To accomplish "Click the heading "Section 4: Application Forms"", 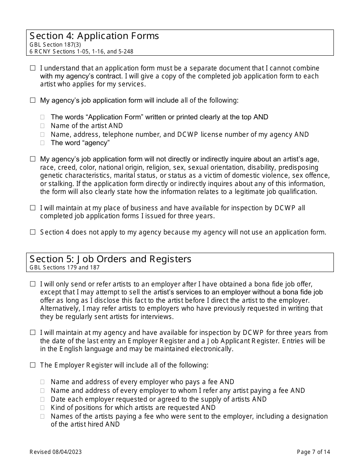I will coord(94,36).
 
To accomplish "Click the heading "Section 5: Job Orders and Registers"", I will coord(111,259).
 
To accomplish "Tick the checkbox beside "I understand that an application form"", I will coord(33,68).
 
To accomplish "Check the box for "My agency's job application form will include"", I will coord(33,100).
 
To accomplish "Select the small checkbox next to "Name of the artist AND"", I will coord(42,126).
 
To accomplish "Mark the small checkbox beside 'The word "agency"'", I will coord(42,143).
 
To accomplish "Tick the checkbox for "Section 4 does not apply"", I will coord(33,232).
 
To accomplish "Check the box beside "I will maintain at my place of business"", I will coord(33,208).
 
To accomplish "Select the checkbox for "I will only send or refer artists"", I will coord(33,284).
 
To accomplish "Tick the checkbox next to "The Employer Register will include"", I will coord(33,365).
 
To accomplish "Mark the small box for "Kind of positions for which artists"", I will coord(42,408).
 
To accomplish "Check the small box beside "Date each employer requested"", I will coord(42,399).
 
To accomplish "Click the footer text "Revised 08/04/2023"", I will coord(55,452).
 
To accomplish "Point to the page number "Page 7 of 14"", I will coord(313,452).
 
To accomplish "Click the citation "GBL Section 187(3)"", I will coord(55,45).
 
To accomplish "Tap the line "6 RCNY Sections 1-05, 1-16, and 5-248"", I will coord(81,52).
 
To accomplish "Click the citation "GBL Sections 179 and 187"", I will coord(64,267).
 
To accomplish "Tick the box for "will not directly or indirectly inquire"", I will coord(33,159).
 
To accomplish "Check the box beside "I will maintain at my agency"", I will coord(33,333).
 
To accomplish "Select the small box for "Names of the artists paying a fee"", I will coord(42,416).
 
